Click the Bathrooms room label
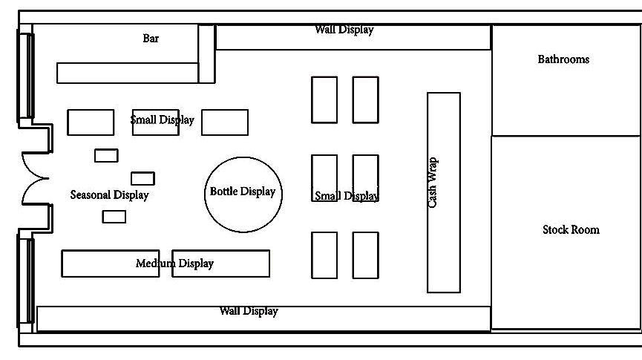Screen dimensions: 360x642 (563, 59)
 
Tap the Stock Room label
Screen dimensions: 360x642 (570, 230)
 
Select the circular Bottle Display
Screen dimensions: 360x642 (243, 193)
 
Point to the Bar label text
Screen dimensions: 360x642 (151, 39)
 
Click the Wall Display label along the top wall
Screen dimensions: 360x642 (344, 30)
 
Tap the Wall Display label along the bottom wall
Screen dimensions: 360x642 (249, 311)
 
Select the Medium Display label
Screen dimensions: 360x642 (174, 264)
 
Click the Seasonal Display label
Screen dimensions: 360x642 (109, 195)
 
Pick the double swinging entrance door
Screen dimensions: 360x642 (35, 179)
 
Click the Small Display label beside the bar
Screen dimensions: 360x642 (162, 120)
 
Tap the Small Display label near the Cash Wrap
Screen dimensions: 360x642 (346, 197)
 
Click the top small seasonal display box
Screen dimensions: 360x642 (106, 155)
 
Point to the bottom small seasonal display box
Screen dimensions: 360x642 (114, 217)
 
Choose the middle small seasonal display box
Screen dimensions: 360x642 (143, 178)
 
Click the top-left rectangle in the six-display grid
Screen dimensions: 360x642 (324, 99)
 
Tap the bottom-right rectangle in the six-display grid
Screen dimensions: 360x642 (365, 255)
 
